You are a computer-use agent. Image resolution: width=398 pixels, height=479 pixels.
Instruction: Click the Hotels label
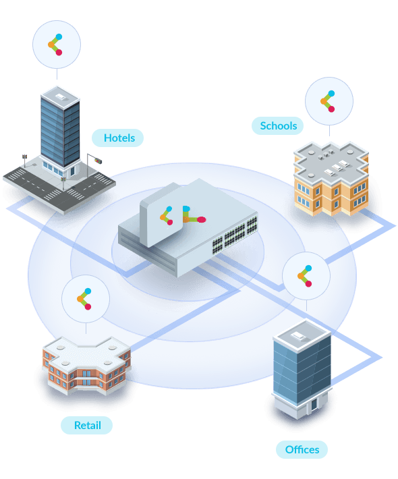tap(117, 138)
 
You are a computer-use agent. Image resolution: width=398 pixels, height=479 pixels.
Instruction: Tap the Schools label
tap(278, 125)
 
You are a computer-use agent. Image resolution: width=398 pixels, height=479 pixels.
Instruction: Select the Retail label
tap(87, 425)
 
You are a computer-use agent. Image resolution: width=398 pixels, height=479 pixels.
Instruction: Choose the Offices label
tap(302, 449)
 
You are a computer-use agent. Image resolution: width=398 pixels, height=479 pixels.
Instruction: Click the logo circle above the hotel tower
tap(57, 45)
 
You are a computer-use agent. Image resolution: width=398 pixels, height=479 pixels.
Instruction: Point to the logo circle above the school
tap(329, 101)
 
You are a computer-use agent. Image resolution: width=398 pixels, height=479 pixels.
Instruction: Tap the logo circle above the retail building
tap(86, 299)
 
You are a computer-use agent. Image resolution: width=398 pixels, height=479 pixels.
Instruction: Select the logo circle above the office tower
tap(306, 276)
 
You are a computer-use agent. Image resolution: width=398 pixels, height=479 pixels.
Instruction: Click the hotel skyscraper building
tap(60, 128)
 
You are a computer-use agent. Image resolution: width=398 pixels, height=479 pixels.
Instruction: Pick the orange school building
tap(331, 179)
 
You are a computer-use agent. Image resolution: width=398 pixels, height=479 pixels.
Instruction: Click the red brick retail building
tap(87, 366)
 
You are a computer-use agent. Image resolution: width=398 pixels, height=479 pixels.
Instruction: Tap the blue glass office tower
tap(302, 368)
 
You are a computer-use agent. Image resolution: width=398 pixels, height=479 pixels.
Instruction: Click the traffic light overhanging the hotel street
tap(98, 161)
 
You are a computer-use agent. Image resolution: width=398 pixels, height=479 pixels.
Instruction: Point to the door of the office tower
tap(314, 405)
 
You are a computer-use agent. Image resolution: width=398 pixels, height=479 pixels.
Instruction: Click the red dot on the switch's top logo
tap(201, 219)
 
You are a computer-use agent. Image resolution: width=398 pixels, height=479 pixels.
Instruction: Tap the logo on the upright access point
tap(167, 216)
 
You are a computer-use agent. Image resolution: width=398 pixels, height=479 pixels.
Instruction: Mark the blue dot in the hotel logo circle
tap(59, 37)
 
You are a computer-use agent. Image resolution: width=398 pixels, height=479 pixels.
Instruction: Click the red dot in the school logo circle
tap(331, 109)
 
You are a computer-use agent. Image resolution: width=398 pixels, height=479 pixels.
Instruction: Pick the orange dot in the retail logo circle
tap(80, 299)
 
